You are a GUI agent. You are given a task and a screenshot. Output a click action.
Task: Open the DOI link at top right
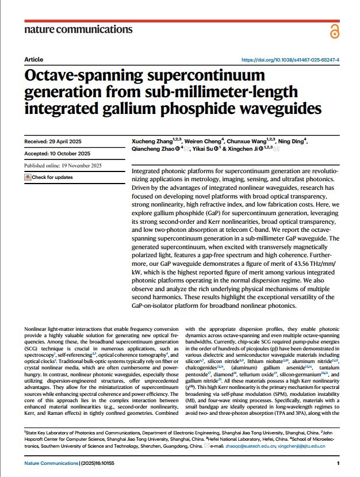pyautogui.click(x=290, y=60)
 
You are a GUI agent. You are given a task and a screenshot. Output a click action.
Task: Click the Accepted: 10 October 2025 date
pyautogui.click(x=58, y=154)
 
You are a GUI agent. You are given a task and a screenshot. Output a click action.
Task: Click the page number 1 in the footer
pyautogui.click(x=338, y=463)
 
